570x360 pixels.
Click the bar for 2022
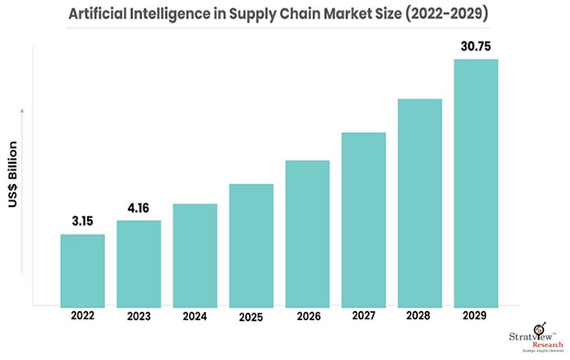coord(82,270)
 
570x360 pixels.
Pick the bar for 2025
coord(251,244)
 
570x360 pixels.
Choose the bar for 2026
coord(307,232)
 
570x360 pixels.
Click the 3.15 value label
coord(82,221)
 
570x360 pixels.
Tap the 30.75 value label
coord(476,46)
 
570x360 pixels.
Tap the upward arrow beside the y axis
coord(22,110)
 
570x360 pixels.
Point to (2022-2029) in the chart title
coord(456,15)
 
